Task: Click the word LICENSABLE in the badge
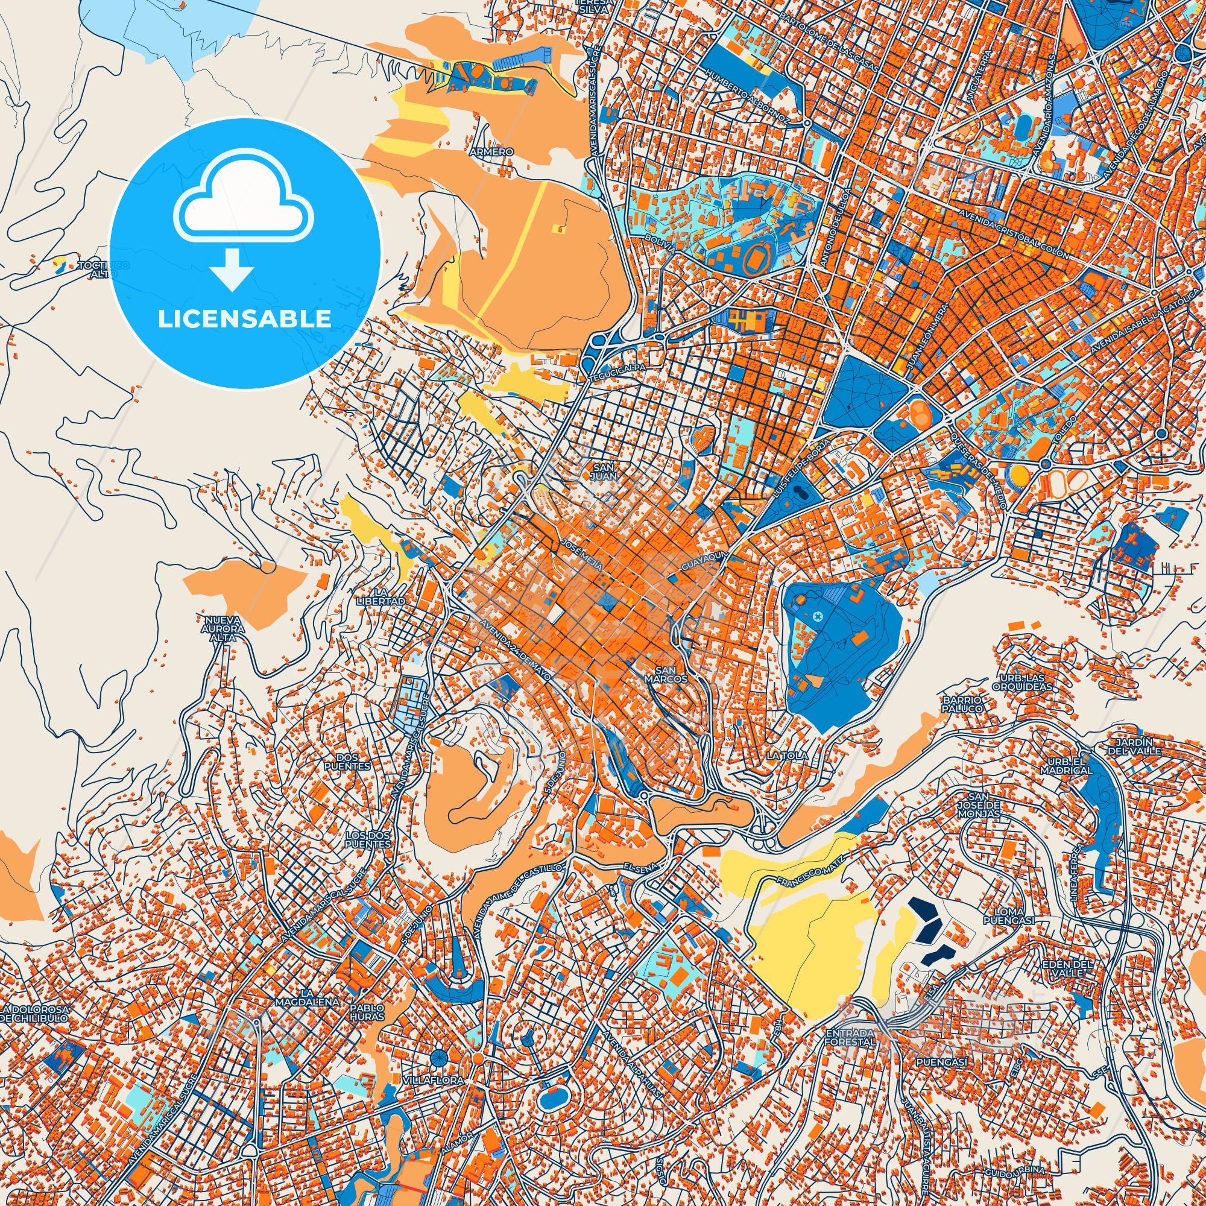coord(244,319)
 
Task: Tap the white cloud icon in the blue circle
coord(244,207)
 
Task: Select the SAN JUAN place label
coord(605,472)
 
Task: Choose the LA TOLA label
coord(787,756)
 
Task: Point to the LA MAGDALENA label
coord(309,997)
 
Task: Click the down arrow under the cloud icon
coord(232,270)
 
